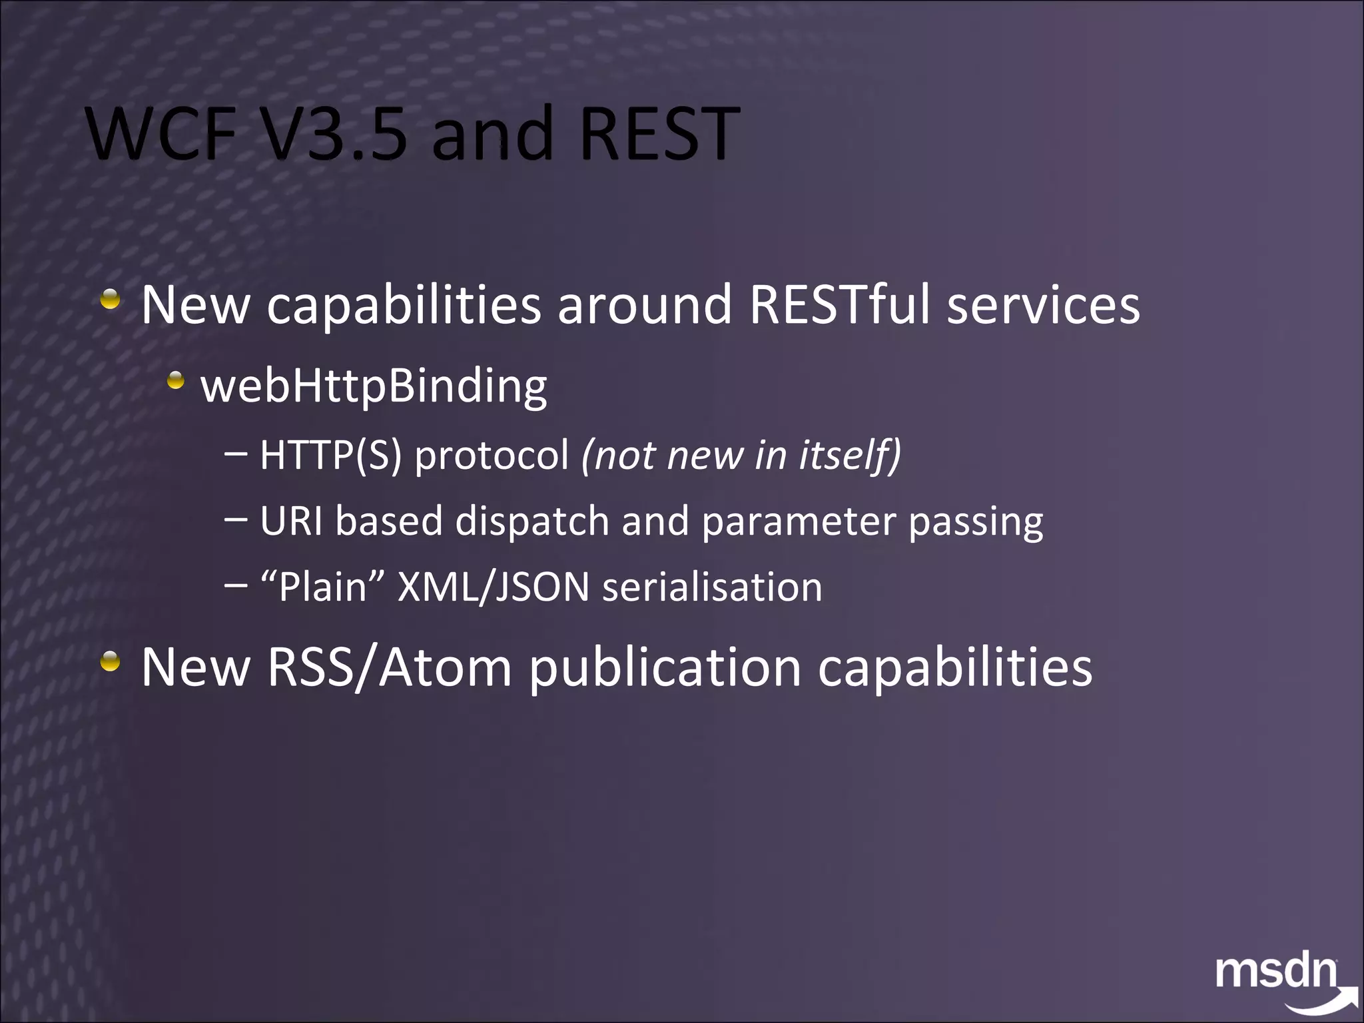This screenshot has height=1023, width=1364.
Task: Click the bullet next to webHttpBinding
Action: click(x=176, y=381)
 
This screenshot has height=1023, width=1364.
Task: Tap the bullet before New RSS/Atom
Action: click(x=111, y=661)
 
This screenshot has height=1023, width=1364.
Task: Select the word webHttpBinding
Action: click(x=374, y=386)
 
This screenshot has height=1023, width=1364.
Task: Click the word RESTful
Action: click(x=839, y=304)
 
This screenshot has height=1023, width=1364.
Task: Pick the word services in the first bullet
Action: click(x=1044, y=304)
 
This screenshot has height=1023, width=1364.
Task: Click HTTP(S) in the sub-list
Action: click(x=331, y=455)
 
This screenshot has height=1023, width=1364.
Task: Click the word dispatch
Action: click(x=532, y=521)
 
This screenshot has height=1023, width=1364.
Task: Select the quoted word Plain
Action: click(x=323, y=587)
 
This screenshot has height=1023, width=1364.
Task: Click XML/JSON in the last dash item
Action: click(x=494, y=587)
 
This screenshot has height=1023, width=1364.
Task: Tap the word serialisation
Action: click(x=712, y=587)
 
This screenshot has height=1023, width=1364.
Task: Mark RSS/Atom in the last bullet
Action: click(x=390, y=667)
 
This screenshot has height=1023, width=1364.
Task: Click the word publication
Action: click(x=665, y=667)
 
